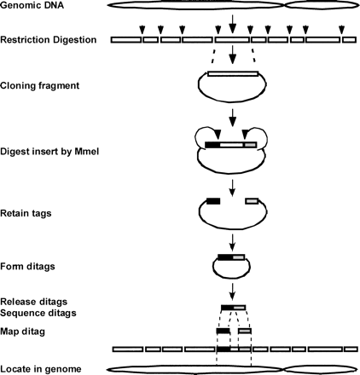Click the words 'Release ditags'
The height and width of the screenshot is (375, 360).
pos(33,301)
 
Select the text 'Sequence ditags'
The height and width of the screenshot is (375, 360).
pos(37,312)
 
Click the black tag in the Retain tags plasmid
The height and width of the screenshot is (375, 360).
pos(213,201)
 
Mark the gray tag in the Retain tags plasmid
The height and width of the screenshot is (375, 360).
pos(252,201)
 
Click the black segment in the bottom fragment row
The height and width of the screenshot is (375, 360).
pos(223,349)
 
